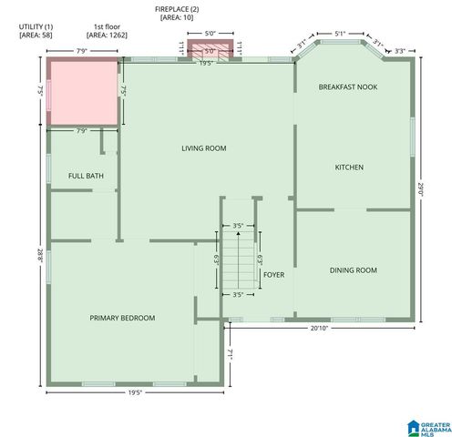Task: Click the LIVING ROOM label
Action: (x=203, y=148)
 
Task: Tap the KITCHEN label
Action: (x=349, y=168)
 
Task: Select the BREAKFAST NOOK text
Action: (x=348, y=86)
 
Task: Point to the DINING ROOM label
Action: (x=353, y=270)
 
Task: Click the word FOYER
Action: (x=273, y=274)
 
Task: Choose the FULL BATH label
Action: (x=86, y=175)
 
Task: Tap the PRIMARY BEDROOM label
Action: (x=122, y=318)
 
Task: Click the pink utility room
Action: (x=83, y=93)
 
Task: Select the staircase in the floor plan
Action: (x=238, y=259)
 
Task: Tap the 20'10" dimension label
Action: (x=319, y=328)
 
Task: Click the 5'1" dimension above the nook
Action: (x=340, y=35)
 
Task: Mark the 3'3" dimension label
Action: (x=399, y=38)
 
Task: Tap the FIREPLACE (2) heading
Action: (x=177, y=7)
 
